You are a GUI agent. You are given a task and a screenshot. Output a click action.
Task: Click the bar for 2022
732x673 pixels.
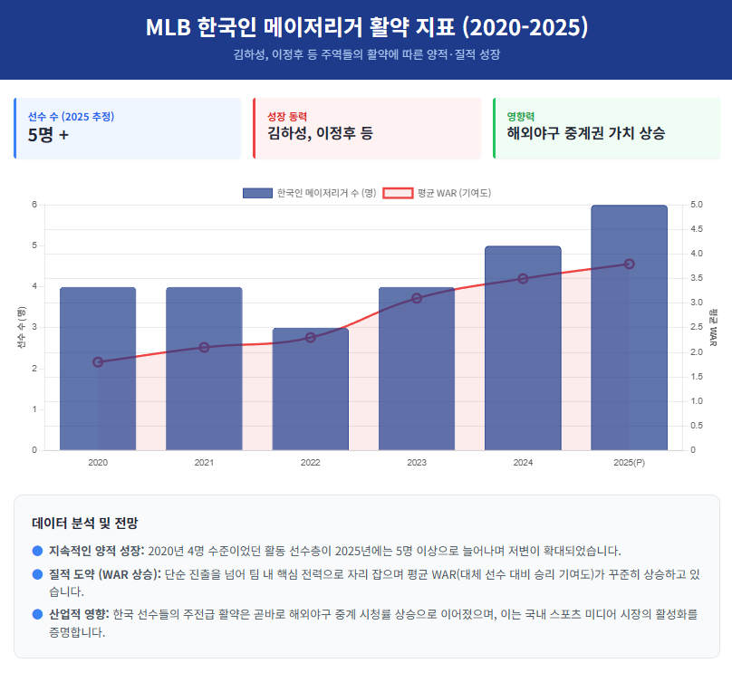click(x=310, y=389)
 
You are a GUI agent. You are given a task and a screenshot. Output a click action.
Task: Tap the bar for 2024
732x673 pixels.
click(x=523, y=349)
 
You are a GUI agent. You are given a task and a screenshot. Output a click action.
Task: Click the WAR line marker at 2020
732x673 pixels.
click(x=98, y=362)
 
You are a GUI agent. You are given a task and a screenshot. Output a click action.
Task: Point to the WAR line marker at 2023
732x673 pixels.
click(x=417, y=298)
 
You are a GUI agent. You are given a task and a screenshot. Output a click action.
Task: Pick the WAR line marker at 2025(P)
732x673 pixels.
click(x=629, y=264)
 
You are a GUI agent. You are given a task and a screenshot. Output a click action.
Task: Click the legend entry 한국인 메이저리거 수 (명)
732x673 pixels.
click(x=309, y=193)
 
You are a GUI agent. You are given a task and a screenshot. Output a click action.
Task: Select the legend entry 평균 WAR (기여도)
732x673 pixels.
click(x=437, y=193)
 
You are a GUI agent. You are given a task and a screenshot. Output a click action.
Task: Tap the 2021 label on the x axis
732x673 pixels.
click(x=204, y=463)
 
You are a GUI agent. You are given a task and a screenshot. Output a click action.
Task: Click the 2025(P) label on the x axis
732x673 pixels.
click(x=629, y=463)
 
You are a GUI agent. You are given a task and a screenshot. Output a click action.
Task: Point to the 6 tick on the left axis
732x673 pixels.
click(x=34, y=205)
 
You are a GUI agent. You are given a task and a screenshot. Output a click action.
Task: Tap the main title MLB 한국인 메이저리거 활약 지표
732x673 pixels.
click(x=366, y=28)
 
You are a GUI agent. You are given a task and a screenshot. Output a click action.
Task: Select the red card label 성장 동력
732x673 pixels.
click(x=287, y=116)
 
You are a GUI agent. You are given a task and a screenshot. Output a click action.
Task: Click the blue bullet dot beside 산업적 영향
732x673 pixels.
click(x=37, y=614)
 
